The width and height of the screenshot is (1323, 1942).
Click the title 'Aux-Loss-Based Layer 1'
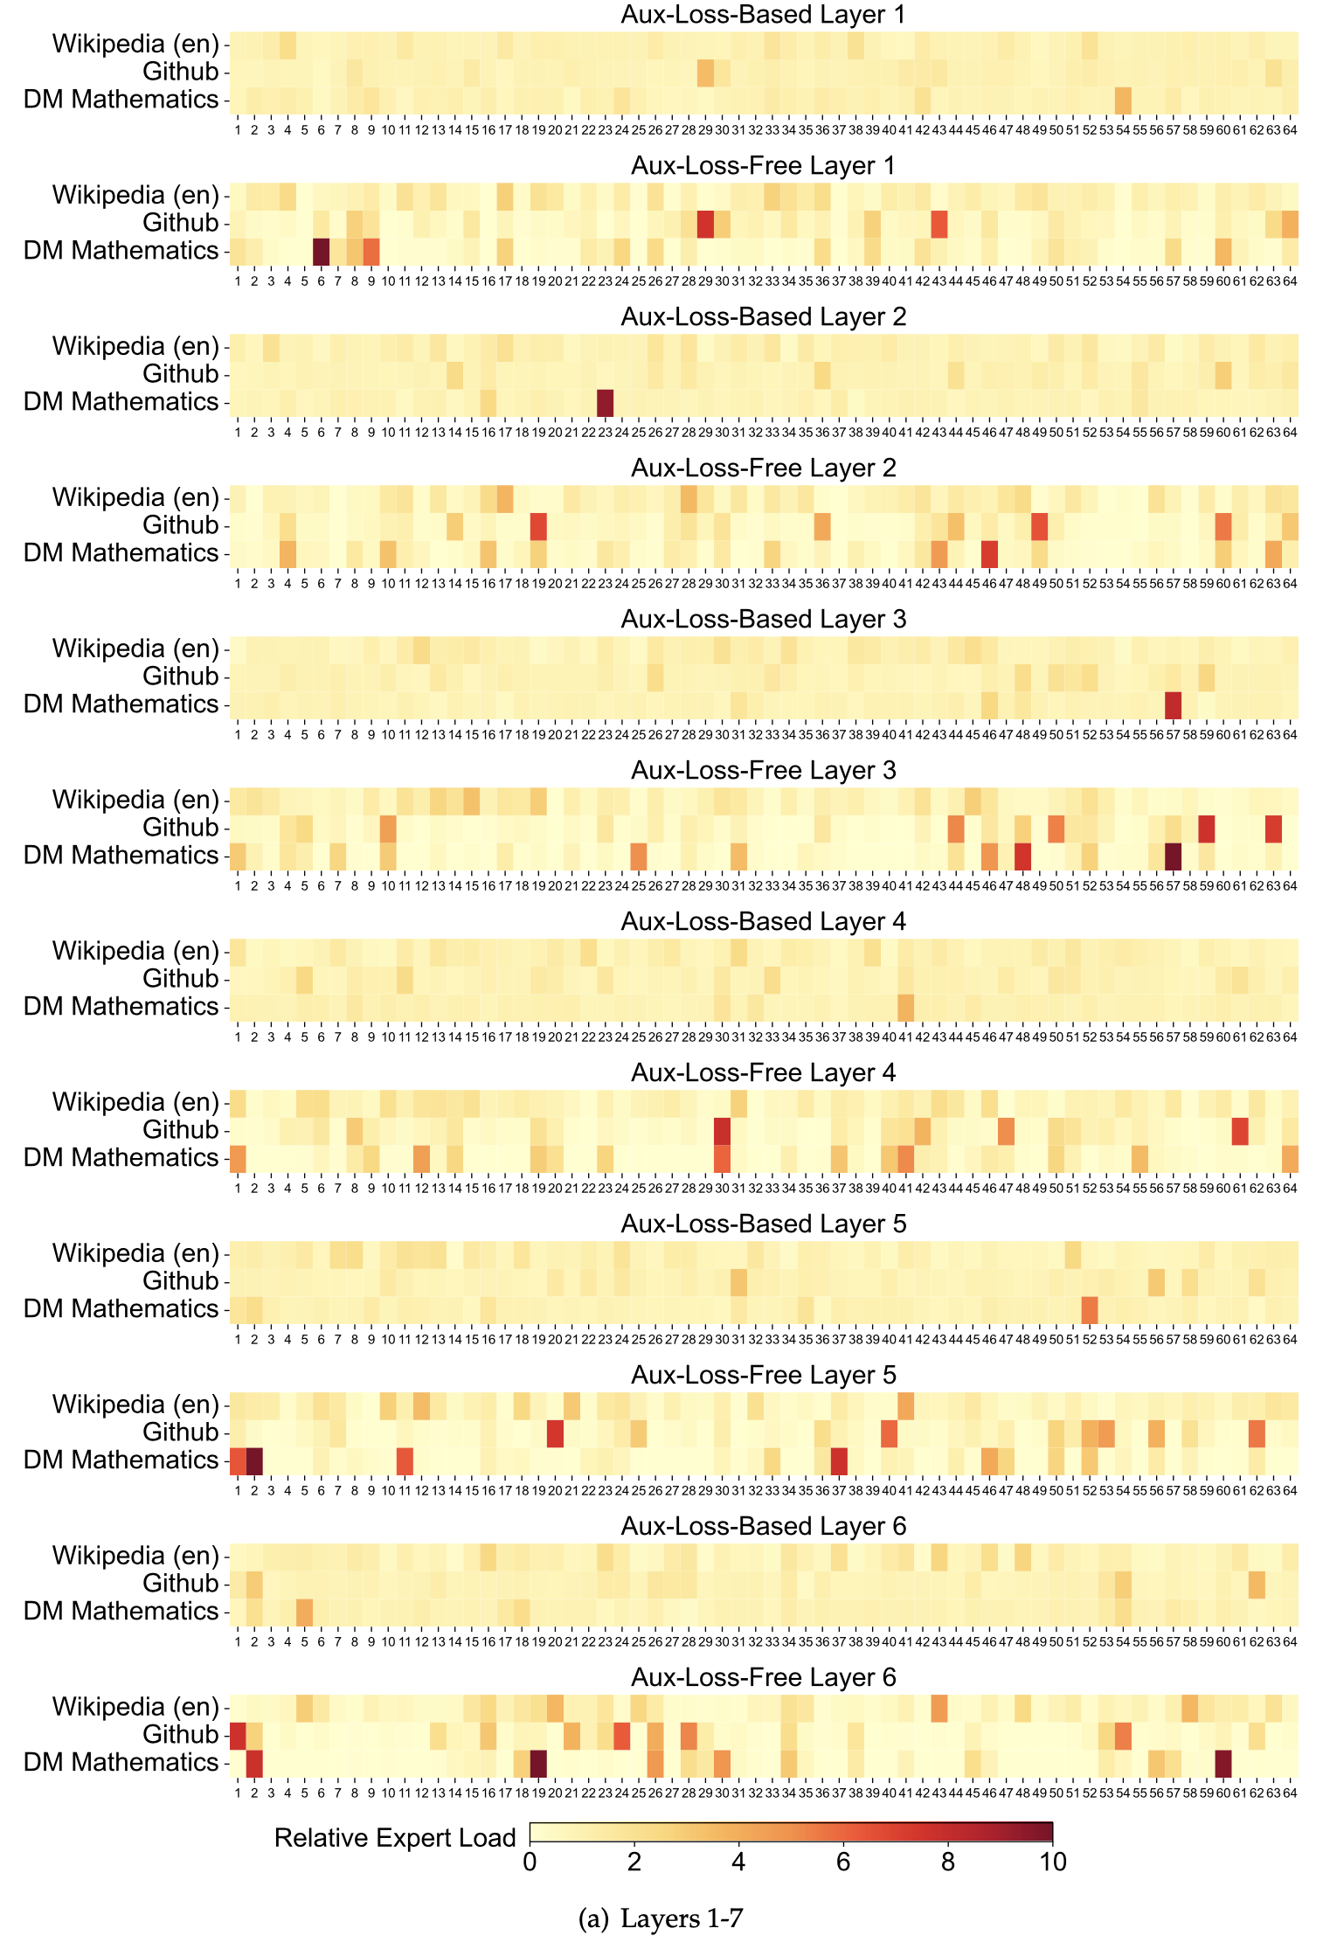click(x=763, y=15)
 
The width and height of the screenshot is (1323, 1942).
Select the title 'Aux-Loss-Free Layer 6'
click(x=763, y=1677)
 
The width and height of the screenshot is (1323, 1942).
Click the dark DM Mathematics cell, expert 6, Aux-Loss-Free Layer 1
click(x=321, y=251)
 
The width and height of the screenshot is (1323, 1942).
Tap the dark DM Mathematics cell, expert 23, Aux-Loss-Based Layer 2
click(x=605, y=402)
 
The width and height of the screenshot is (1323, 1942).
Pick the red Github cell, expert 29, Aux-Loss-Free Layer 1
click(x=705, y=223)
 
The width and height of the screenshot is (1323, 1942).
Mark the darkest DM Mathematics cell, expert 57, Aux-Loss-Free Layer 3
click(x=1173, y=856)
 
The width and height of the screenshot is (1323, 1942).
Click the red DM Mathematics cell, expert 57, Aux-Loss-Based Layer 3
click(x=1173, y=704)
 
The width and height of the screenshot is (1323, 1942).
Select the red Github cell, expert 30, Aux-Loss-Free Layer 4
click(x=722, y=1130)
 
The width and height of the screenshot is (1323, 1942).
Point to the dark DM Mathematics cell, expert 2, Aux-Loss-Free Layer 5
click(x=254, y=1460)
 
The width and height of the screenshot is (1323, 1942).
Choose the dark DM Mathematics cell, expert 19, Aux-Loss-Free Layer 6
click(x=538, y=1763)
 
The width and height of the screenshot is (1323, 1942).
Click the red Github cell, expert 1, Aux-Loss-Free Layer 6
click(x=238, y=1735)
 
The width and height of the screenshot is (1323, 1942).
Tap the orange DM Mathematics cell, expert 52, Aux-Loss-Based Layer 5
click(x=1090, y=1309)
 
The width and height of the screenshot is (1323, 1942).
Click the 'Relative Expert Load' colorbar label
click(x=395, y=1838)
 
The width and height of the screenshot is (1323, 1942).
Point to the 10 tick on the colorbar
click(x=1053, y=1862)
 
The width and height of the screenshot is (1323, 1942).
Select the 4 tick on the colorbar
click(x=738, y=1862)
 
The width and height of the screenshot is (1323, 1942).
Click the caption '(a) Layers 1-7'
click(x=661, y=1918)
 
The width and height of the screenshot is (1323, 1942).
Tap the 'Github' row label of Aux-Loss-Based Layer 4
click(x=180, y=979)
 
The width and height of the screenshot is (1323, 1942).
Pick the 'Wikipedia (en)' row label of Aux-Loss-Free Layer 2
click(x=135, y=497)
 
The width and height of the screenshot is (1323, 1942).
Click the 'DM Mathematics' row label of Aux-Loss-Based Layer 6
click(x=121, y=1612)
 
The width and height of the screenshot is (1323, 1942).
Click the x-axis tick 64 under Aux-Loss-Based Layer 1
click(x=1290, y=130)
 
